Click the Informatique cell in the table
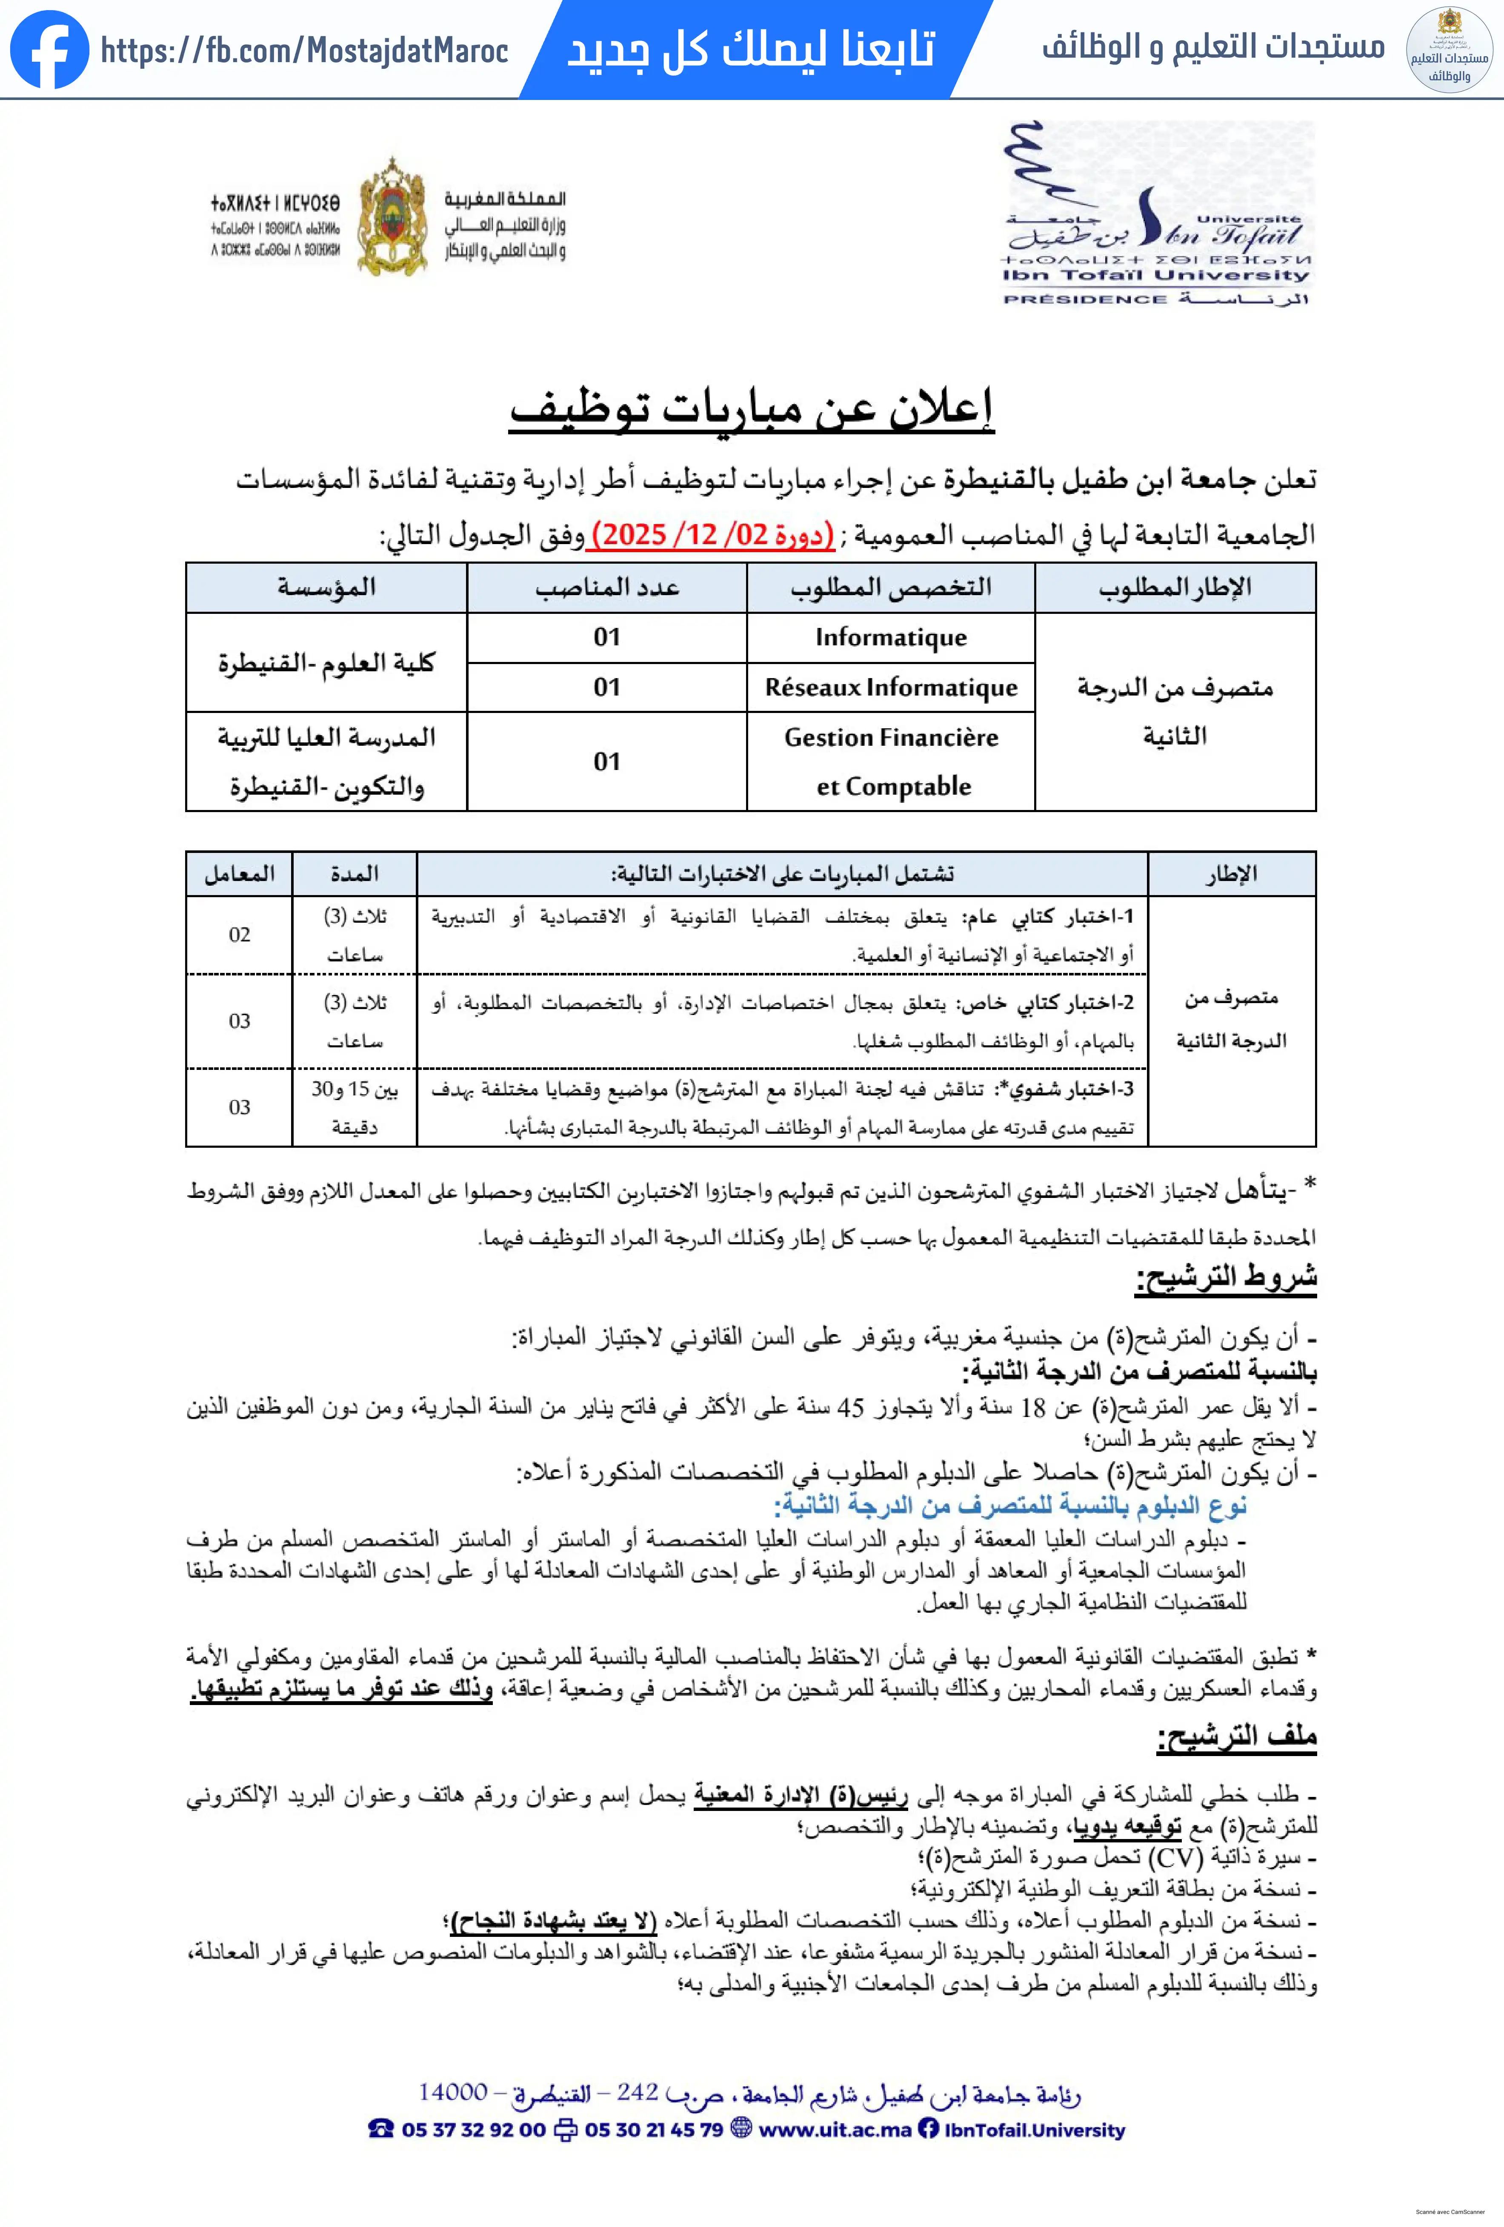click(x=890, y=637)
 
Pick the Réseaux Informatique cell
click(x=890, y=687)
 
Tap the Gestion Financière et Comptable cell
click(x=890, y=762)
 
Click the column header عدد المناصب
click(x=607, y=587)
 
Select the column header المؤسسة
click(x=326, y=587)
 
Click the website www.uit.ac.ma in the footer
click(x=834, y=2129)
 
